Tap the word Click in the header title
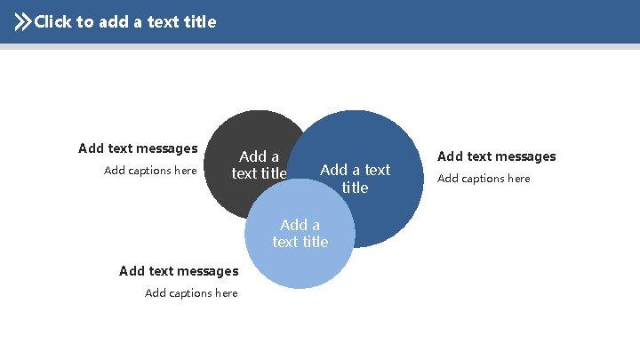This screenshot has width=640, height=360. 53,22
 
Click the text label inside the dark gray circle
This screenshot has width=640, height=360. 260,165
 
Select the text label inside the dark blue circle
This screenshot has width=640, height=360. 355,179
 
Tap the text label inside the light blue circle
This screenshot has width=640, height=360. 300,233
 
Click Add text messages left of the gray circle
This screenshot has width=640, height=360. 138,148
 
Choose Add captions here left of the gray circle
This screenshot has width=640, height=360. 150,171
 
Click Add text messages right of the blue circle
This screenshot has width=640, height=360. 496,156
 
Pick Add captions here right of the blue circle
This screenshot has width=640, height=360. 484,179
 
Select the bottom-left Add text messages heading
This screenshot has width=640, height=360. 179,271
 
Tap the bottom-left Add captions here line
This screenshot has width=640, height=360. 191,293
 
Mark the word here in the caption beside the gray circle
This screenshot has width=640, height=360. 185,171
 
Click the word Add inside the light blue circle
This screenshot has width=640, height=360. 293,225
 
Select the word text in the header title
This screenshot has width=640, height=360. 162,22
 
